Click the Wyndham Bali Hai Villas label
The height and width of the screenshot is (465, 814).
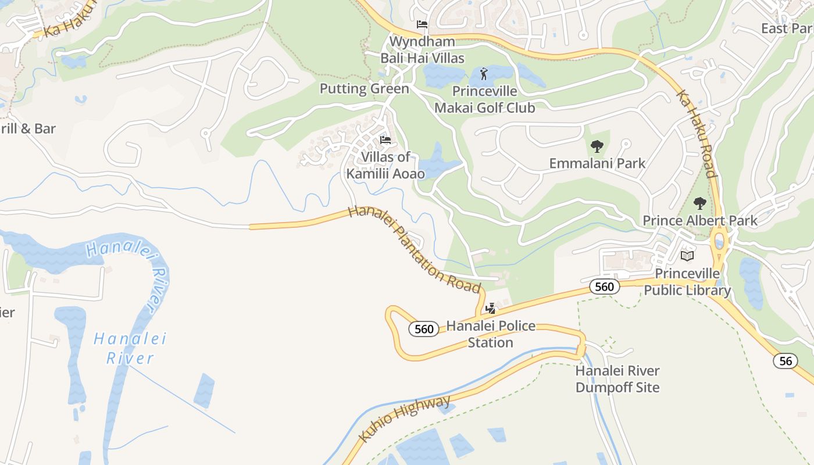pyautogui.click(x=422, y=50)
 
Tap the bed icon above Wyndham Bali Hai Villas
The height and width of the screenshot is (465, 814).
pyautogui.click(x=422, y=24)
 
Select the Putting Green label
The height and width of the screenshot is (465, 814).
pyautogui.click(x=365, y=89)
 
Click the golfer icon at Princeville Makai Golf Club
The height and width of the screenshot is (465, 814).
pyautogui.click(x=484, y=74)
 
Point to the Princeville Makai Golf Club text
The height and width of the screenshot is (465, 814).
pyautogui.click(x=484, y=99)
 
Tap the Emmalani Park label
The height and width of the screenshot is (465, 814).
pyautogui.click(x=597, y=163)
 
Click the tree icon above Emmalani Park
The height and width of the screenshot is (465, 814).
pyautogui.click(x=597, y=146)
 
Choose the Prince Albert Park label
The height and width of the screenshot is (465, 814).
pyautogui.click(x=700, y=221)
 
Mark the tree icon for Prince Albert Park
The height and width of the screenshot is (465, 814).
pyautogui.click(x=700, y=203)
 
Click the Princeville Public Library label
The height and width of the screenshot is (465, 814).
pyautogui.click(x=687, y=282)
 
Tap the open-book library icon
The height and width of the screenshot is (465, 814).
pyautogui.click(x=687, y=256)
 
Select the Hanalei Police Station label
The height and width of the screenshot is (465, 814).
pyautogui.click(x=491, y=334)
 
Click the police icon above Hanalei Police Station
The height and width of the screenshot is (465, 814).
pyautogui.click(x=491, y=308)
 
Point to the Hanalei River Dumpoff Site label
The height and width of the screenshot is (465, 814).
pyautogui.click(x=617, y=379)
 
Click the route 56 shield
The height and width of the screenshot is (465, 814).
pyautogui.click(x=786, y=361)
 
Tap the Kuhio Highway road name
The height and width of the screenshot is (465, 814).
pyautogui.click(x=405, y=419)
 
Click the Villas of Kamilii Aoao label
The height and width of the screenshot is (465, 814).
pyautogui.click(x=385, y=166)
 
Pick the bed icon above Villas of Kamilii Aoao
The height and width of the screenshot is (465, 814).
pyautogui.click(x=385, y=140)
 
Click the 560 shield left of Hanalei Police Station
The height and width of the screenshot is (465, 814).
pyautogui.click(x=424, y=329)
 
